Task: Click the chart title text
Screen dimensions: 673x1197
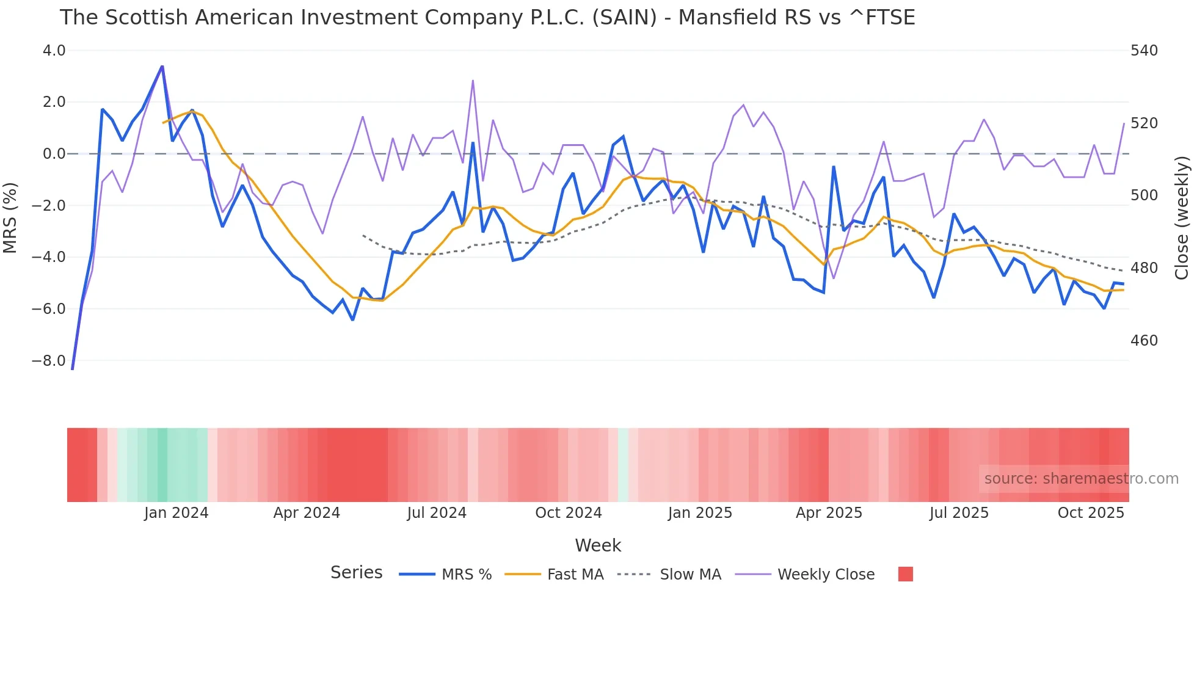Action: tap(487, 18)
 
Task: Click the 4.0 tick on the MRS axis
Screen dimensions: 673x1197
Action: tap(54, 51)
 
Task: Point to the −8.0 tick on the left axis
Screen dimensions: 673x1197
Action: tap(49, 361)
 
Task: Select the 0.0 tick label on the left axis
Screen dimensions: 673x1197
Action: tap(54, 154)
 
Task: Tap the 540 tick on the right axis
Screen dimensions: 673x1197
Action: tap(1144, 51)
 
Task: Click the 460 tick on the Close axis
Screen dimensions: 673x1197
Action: tap(1144, 341)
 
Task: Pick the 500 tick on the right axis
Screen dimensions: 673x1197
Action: tap(1144, 195)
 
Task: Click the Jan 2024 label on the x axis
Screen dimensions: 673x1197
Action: tap(176, 513)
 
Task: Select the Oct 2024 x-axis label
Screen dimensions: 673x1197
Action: tap(568, 513)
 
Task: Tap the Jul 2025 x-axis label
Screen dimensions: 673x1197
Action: tap(959, 513)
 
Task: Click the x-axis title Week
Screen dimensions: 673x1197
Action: tap(598, 545)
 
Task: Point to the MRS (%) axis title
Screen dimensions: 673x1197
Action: tap(10, 217)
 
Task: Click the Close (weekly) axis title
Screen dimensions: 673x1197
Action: tap(1182, 217)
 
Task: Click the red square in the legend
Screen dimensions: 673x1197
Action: tap(905, 574)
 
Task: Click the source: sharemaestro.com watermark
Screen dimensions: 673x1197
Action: tap(1081, 479)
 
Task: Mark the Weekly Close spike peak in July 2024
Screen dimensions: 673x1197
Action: tap(473, 81)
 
